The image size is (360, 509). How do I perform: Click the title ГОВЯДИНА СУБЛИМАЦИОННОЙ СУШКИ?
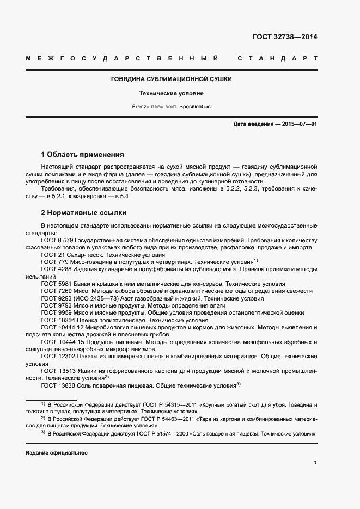(x=172, y=79)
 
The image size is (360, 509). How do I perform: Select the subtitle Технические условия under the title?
(x=172, y=93)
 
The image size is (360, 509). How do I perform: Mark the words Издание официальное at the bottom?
(x=56, y=453)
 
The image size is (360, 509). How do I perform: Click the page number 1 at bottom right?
(x=315, y=463)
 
